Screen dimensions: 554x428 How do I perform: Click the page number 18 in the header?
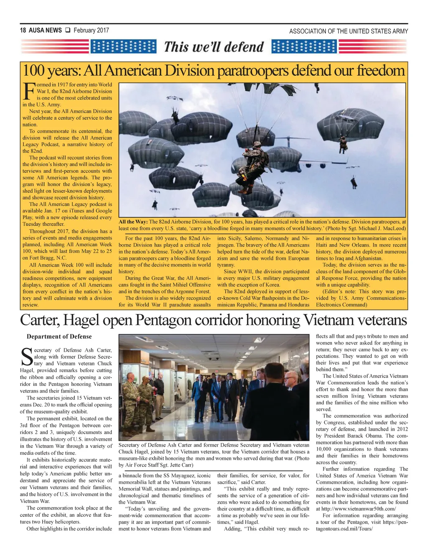(23, 31)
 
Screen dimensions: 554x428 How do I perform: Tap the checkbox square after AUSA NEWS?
(67, 30)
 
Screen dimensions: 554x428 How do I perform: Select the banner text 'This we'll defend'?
(214, 46)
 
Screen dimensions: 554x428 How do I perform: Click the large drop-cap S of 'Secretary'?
(26, 357)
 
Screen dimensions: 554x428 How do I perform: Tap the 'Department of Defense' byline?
(59, 337)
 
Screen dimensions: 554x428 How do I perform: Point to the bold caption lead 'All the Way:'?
(133, 222)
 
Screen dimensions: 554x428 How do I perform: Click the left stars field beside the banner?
(123, 46)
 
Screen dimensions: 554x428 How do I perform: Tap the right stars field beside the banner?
(304, 46)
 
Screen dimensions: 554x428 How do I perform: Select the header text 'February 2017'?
(91, 30)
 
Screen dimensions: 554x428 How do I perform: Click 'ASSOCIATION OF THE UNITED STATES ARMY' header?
(349, 31)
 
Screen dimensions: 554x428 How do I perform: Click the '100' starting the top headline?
(34, 71)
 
